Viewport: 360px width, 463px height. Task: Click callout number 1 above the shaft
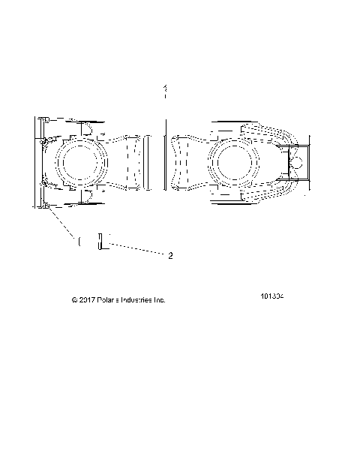164,89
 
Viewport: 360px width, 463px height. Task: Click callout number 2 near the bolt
170,255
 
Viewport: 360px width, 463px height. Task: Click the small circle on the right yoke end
298,160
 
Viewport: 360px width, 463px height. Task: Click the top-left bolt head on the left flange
44,120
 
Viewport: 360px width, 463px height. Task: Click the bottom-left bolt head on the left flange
44,204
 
